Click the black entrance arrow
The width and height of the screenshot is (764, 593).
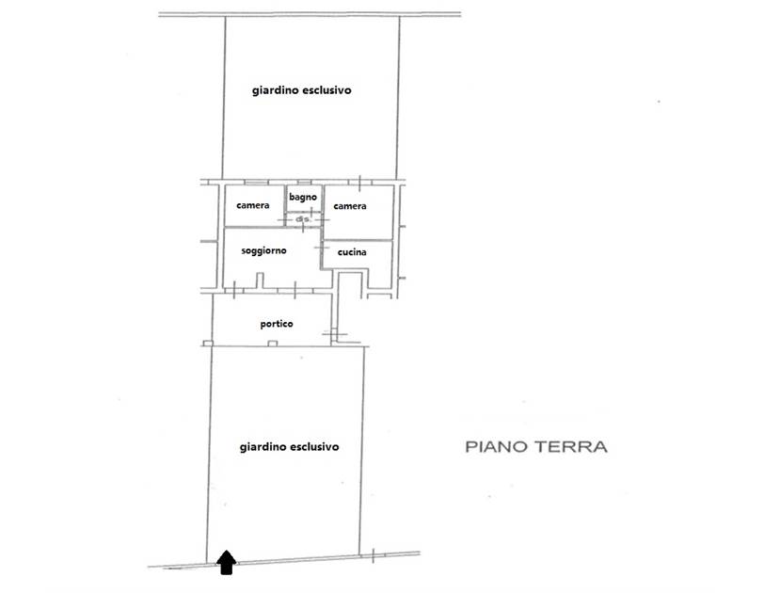pos(226,563)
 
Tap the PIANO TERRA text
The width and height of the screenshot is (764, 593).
pos(536,447)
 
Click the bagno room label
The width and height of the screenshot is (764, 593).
pos(303,197)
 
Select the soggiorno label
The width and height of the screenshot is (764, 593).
pos(263,251)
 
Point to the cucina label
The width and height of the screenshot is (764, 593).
pos(352,252)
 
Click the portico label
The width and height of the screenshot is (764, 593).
pos(277,324)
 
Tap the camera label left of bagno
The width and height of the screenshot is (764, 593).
pos(252,205)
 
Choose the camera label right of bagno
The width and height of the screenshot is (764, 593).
pos(350,206)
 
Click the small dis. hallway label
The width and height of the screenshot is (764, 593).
pos(303,219)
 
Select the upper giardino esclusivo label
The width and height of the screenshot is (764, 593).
pos(302,90)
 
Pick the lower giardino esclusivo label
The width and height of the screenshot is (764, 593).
pos(289,447)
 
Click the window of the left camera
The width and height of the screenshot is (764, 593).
pos(256,183)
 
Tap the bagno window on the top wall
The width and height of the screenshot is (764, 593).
pos(305,183)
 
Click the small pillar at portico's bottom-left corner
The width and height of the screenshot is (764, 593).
pos(208,344)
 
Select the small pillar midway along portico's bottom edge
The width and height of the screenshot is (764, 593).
pos(272,344)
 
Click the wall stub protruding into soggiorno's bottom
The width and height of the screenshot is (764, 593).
pos(260,280)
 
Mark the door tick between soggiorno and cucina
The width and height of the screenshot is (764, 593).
pos(320,248)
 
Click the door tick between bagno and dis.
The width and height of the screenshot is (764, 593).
pos(310,212)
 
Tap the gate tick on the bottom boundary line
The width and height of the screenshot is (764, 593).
pos(374,555)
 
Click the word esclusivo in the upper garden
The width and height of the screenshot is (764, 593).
pos(326,90)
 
